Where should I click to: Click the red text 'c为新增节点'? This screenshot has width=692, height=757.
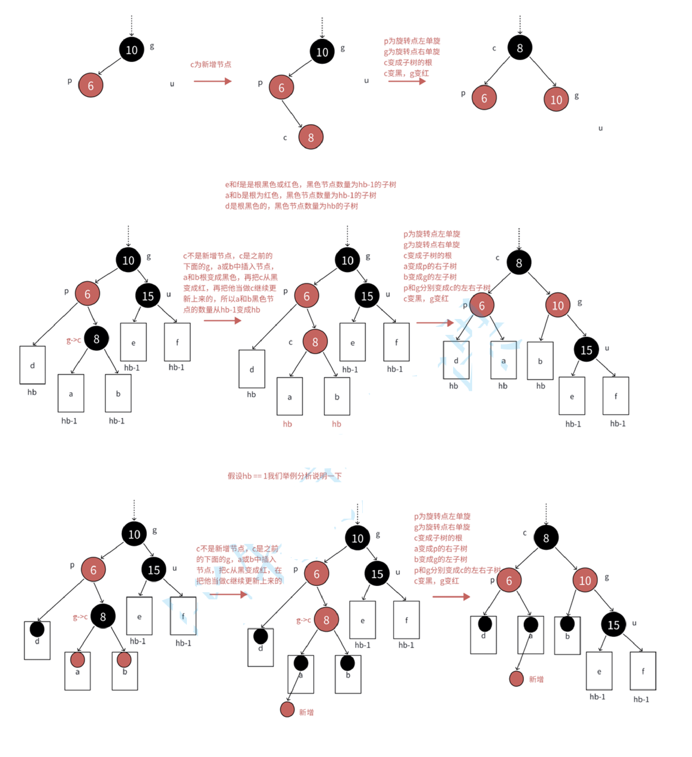point(211,64)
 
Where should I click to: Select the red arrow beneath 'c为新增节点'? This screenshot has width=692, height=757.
point(212,81)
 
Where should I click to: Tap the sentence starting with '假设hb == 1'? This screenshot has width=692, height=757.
point(284,476)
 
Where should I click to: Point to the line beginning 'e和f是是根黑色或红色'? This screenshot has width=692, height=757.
point(310,184)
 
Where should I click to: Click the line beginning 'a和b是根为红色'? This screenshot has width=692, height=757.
point(301,195)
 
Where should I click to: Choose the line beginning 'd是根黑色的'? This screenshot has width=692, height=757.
point(291,206)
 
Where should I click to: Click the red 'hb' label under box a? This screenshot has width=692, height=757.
point(287,424)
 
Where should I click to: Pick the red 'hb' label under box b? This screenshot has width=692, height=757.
point(336,424)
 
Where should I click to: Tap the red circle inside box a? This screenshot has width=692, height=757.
point(77,659)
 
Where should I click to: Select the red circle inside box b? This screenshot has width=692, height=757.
point(124,659)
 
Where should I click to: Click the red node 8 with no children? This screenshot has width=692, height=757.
point(311,137)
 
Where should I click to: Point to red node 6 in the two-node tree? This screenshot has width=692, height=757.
point(91,85)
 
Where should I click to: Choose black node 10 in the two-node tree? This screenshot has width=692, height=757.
point(131,50)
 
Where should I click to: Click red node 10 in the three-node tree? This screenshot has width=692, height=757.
point(556,99)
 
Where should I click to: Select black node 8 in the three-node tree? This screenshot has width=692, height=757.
point(520,48)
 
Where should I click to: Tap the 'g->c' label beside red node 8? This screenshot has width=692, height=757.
point(303,620)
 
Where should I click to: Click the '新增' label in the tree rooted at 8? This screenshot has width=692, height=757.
point(536,679)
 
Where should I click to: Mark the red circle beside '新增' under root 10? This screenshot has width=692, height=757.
point(287,709)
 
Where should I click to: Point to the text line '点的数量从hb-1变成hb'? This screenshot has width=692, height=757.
point(221,310)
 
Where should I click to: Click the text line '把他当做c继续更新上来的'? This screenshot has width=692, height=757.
point(239,581)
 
